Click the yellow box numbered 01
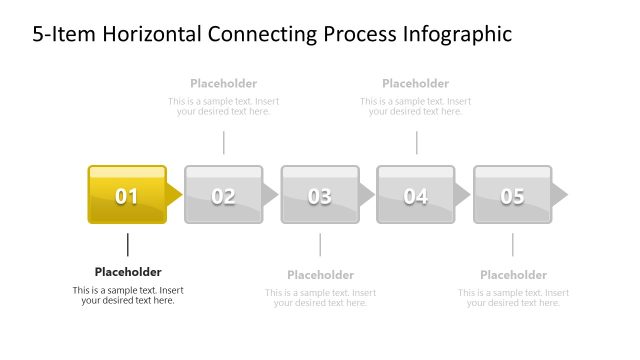pyautogui.click(x=127, y=194)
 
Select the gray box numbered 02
pyautogui.click(x=223, y=194)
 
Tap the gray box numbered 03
pyautogui.click(x=319, y=194)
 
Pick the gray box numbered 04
pyautogui.click(x=415, y=194)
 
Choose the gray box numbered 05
pyautogui.click(x=512, y=194)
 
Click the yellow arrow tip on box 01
pyautogui.click(x=175, y=194)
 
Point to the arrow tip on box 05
pyautogui.click(x=559, y=194)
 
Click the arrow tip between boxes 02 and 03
pyautogui.click(x=270, y=194)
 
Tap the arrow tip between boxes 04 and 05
pyautogui.click(x=463, y=194)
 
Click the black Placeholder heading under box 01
pyautogui.click(x=128, y=272)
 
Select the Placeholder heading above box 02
pyautogui.click(x=223, y=84)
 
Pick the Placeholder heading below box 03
pyautogui.click(x=320, y=275)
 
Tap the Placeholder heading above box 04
pyautogui.click(x=415, y=84)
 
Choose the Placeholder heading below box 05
pyautogui.click(x=513, y=275)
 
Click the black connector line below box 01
pyautogui.click(x=128, y=244)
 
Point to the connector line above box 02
pyautogui.click(x=224, y=142)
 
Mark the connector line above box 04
pyautogui.click(x=416, y=142)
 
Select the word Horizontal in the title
pyautogui.click(x=142, y=35)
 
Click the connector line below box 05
pyautogui.click(x=513, y=244)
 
